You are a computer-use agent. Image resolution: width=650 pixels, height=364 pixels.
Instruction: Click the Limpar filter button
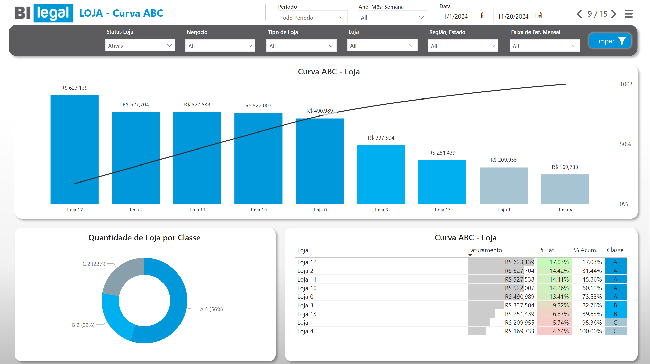coord(610,41)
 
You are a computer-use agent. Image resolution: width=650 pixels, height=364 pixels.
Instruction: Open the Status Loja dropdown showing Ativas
coord(140,46)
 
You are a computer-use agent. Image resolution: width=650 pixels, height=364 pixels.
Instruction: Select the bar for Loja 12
coord(74,150)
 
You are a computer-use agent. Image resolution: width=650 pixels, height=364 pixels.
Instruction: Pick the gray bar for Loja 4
coord(565,189)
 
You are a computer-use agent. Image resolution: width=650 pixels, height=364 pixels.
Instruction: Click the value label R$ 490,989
coord(319,111)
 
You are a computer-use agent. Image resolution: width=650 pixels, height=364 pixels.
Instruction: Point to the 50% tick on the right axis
coord(625,144)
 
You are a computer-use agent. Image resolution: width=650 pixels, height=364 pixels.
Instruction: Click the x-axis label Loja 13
coord(443,210)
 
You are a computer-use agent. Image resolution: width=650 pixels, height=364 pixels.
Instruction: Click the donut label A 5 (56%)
coord(211,309)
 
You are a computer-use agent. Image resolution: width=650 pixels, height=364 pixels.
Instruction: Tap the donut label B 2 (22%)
coord(83,325)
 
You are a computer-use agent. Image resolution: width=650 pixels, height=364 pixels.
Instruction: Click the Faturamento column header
coord(485,250)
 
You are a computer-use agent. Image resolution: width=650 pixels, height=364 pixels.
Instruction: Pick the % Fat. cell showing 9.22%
coord(554,305)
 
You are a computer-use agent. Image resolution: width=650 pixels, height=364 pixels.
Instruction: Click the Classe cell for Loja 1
coord(615,323)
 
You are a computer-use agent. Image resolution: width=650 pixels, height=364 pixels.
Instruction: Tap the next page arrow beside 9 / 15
coord(614,14)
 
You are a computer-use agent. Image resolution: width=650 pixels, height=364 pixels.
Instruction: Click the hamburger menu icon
coord(628,14)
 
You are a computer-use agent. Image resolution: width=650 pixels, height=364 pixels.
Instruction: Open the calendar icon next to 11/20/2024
coord(539,16)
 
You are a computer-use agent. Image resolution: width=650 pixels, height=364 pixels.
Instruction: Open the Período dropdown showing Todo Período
coord(312,18)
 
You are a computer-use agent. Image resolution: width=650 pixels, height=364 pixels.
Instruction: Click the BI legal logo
coord(44,13)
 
